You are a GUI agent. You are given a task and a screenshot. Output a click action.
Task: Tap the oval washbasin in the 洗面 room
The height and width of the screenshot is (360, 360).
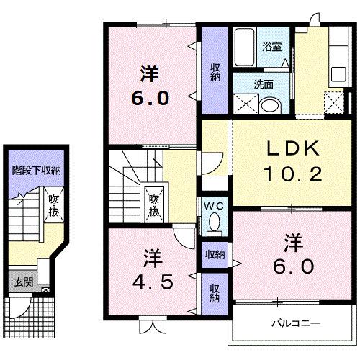pos(269,104)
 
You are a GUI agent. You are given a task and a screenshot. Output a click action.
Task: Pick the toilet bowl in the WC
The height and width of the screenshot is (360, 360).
pos(213,225)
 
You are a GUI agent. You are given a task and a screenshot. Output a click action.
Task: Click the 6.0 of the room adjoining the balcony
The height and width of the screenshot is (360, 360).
pos(292,267)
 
